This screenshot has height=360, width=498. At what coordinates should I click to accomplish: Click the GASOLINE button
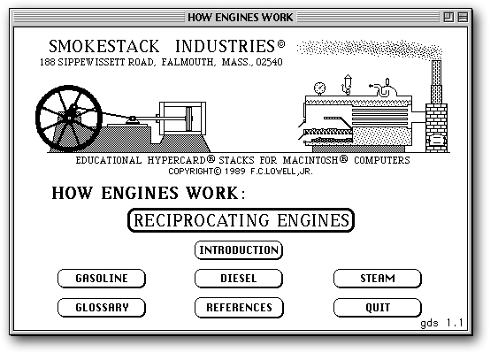point(102,279)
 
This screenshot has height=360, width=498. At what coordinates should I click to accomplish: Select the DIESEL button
point(239,279)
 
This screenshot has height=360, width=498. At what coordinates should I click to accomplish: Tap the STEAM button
point(378,279)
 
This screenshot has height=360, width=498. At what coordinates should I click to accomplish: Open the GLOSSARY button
point(102,307)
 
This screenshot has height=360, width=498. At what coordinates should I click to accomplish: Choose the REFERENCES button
point(239,307)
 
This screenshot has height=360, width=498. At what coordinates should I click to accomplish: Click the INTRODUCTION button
point(239,250)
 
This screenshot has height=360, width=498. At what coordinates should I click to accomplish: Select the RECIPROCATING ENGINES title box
point(241,220)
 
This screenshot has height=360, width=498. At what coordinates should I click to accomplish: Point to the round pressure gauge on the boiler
point(319,88)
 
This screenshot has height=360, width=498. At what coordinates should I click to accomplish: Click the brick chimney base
point(436,128)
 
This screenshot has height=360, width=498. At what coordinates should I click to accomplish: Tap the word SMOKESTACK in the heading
point(103,46)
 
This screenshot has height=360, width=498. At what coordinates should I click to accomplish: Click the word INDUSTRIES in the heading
point(225,46)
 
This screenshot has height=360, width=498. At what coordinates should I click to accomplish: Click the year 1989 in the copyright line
point(235,172)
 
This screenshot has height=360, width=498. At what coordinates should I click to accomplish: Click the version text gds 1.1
point(441,323)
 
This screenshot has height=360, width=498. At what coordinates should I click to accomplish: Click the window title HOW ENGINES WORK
point(241,17)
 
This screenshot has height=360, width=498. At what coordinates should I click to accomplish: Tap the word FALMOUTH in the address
point(188,62)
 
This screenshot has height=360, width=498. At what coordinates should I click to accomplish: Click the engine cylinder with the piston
point(182,119)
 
